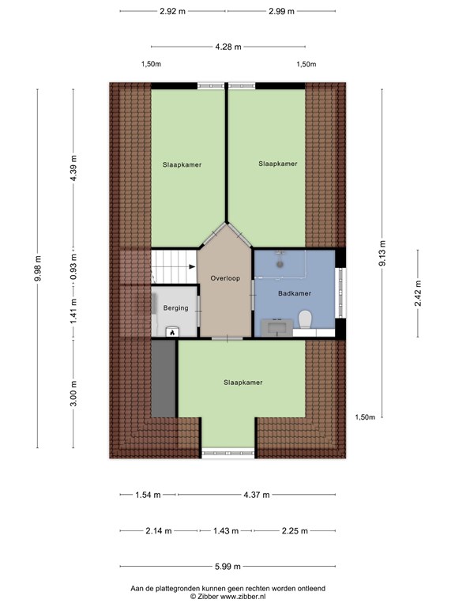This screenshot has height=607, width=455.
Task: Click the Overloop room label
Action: click(x=225, y=278)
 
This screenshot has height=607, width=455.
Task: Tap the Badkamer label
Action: click(x=295, y=293)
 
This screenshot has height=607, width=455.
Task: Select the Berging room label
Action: click(x=175, y=308)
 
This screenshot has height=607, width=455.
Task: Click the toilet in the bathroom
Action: click(x=305, y=320)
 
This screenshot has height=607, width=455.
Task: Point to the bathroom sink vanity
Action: click(x=277, y=327)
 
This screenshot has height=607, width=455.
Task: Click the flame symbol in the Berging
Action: click(x=172, y=332)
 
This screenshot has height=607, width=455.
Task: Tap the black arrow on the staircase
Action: click(x=192, y=266)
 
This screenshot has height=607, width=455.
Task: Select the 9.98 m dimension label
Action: click(x=38, y=269)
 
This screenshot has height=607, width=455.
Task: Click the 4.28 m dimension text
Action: click(x=228, y=47)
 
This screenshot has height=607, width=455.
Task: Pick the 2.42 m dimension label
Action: click(x=418, y=293)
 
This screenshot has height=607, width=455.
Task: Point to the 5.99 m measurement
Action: click(x=227, y=567)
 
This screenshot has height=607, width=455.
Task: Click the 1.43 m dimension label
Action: click(x=226, y=531)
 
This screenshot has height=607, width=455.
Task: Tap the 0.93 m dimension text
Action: click(x=73, y=267)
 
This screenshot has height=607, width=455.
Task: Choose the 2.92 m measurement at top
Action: click(x=172, y=11)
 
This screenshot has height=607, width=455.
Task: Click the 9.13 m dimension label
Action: click(x=382, y=253)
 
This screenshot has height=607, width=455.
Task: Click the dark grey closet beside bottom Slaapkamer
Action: click(x=164, y=379)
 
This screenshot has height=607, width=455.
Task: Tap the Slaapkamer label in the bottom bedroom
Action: click(x=243, y=383)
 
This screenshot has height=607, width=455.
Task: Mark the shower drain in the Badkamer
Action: click(x=279, y=265)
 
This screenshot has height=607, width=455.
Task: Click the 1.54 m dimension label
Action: click(x=148, y=495)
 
